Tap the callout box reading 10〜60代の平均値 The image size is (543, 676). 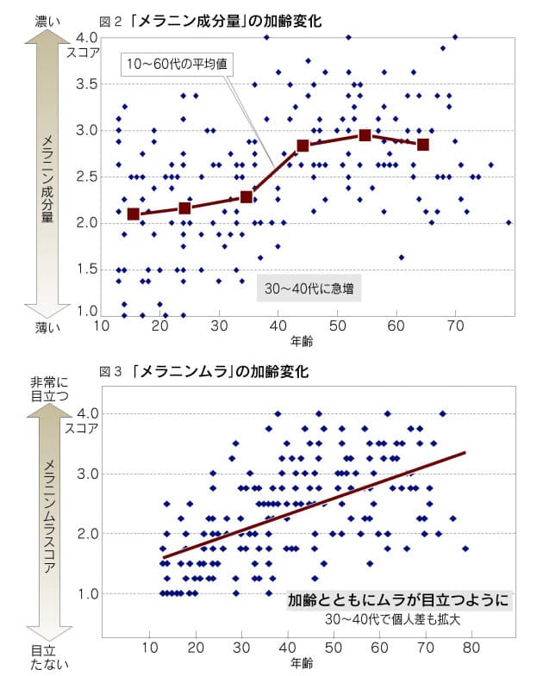[x=178, y=65]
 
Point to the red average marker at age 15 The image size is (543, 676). [x=133, y=214]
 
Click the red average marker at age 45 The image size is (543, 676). [x=303, y=146]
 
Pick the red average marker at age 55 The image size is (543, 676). [x=365, y=135]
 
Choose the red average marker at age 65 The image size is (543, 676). [x=423, y=144]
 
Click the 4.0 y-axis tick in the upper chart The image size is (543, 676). [x=87, y=38]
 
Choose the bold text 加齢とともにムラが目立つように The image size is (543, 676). [x=399, y=600]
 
